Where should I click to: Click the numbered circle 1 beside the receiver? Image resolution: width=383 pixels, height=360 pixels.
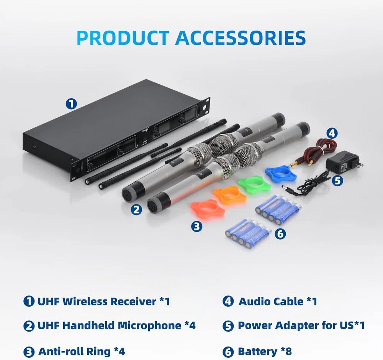coord(71,104)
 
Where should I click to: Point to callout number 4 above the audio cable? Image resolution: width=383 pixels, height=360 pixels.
coord(332,133)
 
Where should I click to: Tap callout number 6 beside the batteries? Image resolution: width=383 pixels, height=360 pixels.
coord(280,234)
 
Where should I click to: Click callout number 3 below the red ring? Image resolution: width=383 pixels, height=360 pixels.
coord(196,227)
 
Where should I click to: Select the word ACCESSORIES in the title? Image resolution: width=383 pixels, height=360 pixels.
coord(241,38)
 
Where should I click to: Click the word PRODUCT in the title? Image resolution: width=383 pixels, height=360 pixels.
coord(123,38)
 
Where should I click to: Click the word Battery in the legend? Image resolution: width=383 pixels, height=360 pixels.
coord(257,351)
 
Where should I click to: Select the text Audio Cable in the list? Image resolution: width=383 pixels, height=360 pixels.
coord(271,301)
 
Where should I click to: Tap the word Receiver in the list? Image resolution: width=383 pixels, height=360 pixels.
coord(134,301)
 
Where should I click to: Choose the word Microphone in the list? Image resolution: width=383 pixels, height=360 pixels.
coord(149,325)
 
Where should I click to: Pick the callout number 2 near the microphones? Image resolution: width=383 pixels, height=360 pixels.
coord(136,210)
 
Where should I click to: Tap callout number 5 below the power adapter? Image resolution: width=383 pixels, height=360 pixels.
coord(337,181)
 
